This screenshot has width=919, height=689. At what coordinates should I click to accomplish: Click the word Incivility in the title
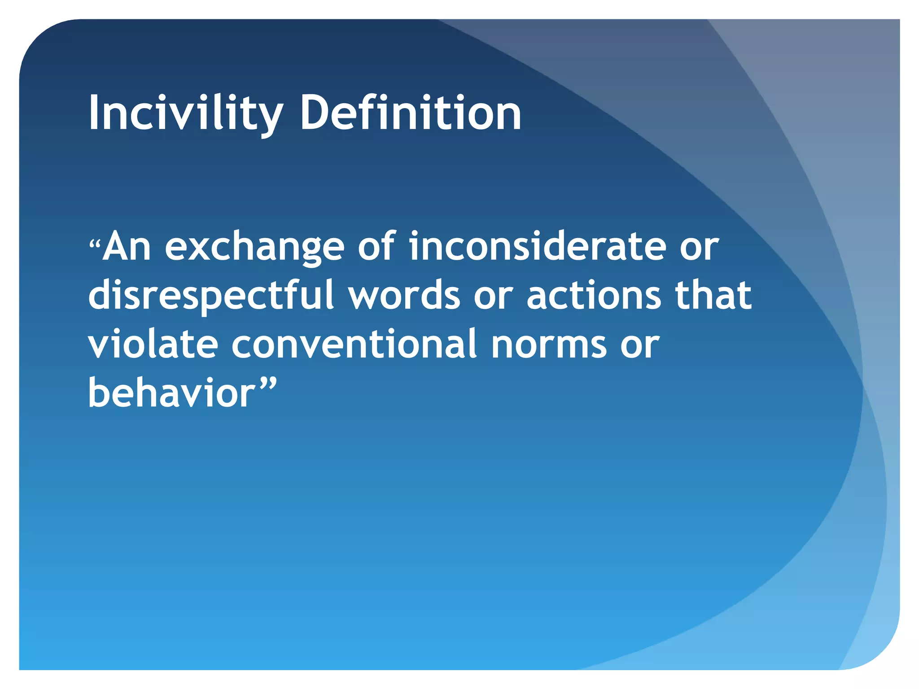click(x=185, y=113)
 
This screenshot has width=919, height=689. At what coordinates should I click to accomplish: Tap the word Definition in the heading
click(x=410, y=113)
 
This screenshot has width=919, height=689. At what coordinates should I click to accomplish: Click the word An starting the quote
click(x=127, y=247)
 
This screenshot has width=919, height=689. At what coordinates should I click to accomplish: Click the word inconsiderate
click(x=537, y=247)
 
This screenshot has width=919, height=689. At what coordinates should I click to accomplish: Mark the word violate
click(x=153, y=344)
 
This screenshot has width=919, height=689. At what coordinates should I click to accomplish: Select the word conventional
click(x=354, y=344)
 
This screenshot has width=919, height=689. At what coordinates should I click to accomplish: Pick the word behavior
click(x=171, y=393)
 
